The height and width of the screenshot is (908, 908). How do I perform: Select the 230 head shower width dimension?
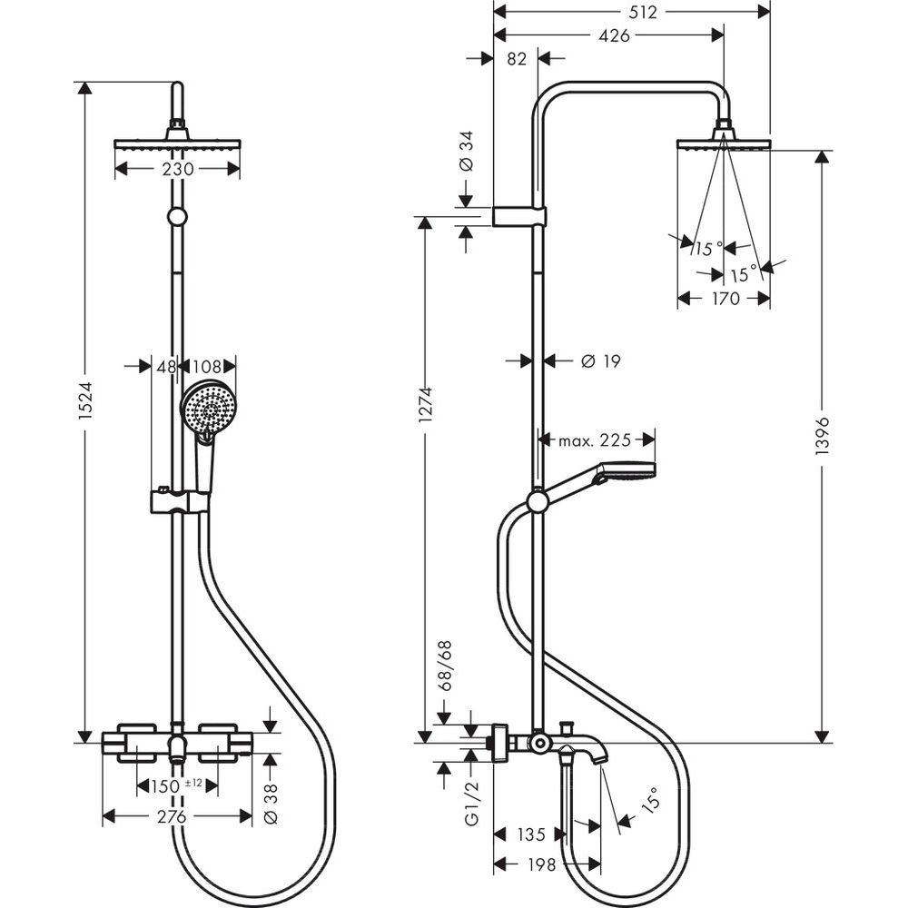click(179, 169)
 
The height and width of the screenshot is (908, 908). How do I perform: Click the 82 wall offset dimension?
click(516, 59)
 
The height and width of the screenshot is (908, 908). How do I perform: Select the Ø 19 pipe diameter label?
click(599, 361)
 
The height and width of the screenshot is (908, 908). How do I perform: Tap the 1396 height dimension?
click(824, 442)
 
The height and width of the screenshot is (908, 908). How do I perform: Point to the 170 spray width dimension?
click(724, 298)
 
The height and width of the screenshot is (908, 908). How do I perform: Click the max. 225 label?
click(594, 440)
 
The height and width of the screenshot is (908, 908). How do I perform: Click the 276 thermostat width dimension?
click(173, 816)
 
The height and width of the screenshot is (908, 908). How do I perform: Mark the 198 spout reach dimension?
click(541, 866)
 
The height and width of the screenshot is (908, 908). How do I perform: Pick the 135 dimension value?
click(530, 834)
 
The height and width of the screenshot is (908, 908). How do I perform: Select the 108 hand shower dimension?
click(206, 367)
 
